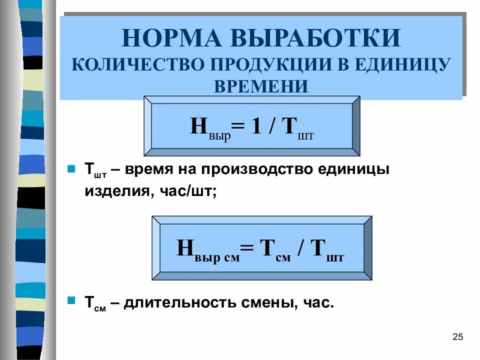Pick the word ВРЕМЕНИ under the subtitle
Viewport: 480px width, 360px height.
260,86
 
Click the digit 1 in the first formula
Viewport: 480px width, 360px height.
256,126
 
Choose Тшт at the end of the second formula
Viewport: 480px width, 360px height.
328,249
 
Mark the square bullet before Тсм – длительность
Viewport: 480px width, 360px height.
71,301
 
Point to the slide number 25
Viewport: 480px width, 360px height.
457,336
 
